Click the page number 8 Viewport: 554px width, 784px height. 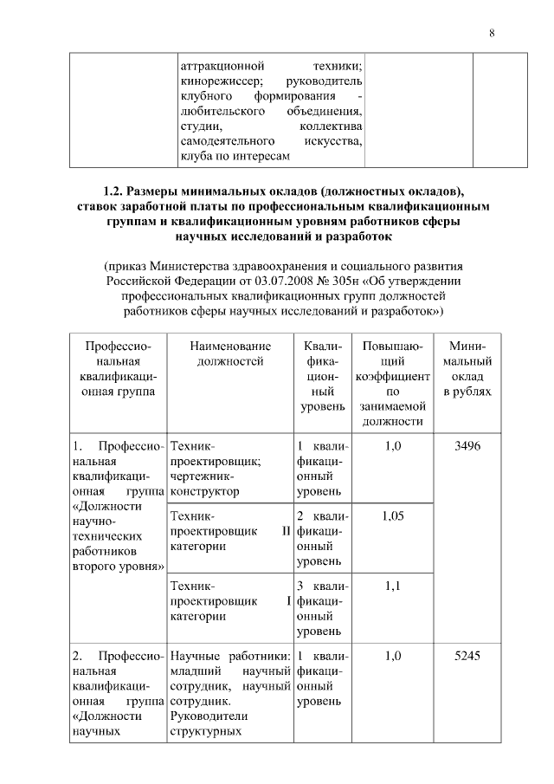492,34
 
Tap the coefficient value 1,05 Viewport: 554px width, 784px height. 392,515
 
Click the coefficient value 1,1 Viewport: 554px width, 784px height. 392,586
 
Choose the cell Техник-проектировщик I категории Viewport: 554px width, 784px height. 229,601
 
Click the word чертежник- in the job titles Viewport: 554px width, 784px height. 202,476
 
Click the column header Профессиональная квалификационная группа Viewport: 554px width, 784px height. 116,368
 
